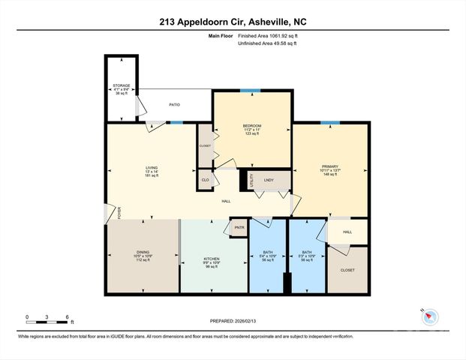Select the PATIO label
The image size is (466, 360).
(x=173, y=104)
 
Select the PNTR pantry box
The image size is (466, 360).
(x=239, y=227)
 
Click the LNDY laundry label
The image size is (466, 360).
(x=269, y=180)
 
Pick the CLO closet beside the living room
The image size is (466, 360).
(x=205, y=180)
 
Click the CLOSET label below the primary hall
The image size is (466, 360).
(x=347, y=270)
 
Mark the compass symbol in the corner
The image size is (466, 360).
(x=427, y=316)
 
